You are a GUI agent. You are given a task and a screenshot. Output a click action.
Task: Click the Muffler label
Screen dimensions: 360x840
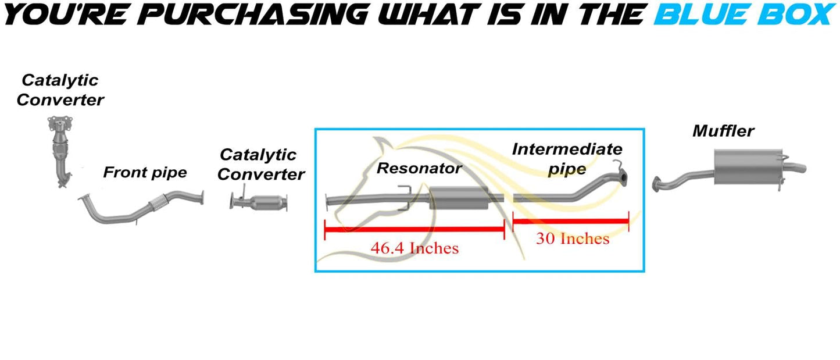(723, 131)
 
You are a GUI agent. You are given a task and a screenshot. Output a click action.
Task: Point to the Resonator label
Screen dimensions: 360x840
(419, 169)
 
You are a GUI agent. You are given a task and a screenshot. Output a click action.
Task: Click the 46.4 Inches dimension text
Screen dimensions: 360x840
(414, 248)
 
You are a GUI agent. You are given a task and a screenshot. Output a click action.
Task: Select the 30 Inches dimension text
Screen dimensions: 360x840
(573, 238)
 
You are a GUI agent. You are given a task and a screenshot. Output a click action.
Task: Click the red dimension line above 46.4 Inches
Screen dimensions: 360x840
(414, 229)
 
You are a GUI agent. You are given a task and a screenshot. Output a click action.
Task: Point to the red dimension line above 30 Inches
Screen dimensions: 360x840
(571, 220)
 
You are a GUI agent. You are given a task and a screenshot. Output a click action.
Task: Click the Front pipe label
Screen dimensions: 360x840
(145, 172)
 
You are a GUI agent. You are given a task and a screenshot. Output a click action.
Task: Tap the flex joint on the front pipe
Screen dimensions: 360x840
(159, 203)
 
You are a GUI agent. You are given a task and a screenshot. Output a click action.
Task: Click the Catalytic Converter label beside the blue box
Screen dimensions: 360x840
(261, 164)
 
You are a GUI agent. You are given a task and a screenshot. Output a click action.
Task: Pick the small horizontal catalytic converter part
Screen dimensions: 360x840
(262, 204)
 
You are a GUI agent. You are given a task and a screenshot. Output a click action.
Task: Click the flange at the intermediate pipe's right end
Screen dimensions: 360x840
(622, 178)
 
